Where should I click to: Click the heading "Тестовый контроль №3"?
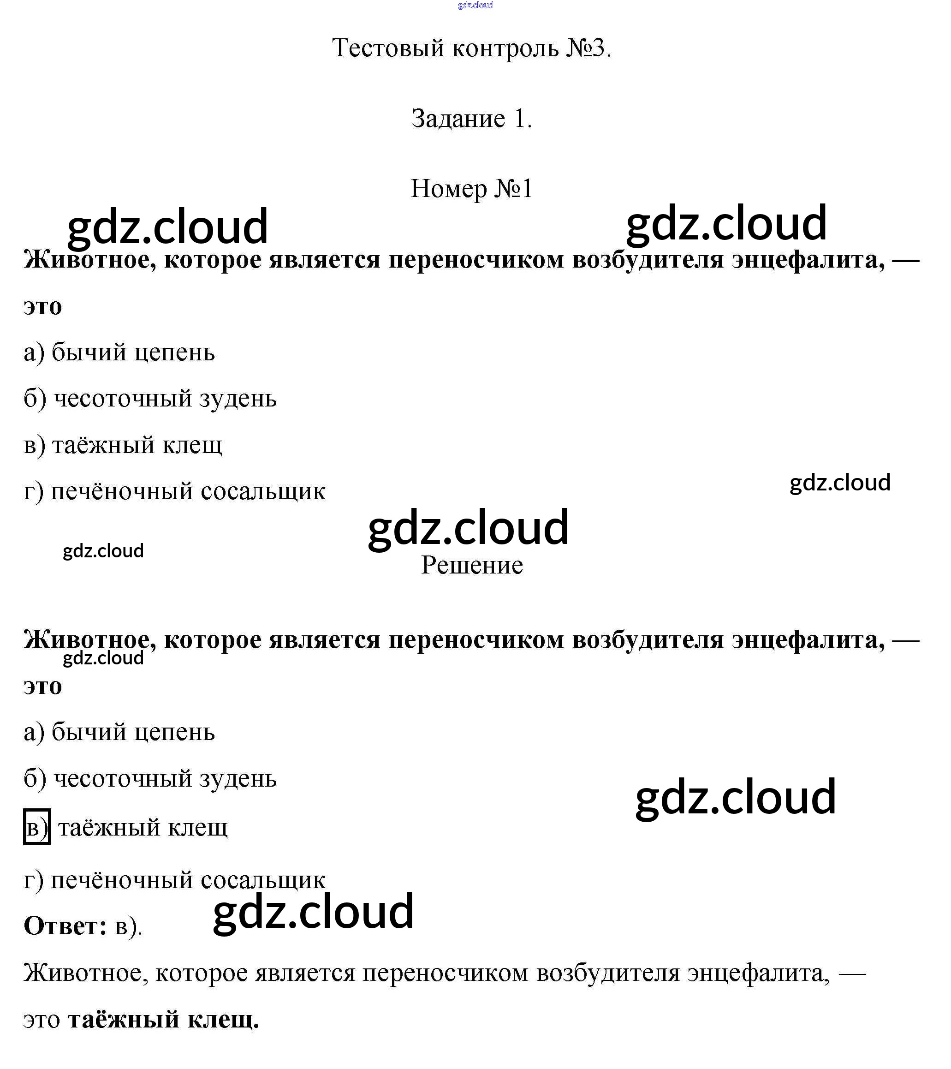click(x=471, y=48)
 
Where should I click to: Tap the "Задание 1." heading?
click(x=471, y=119)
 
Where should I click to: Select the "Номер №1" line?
click(x=471, y=189)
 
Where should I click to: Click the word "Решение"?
click(x=471, y=565)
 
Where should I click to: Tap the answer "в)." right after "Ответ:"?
click(x=128, y=927)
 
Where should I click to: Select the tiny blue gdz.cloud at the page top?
click(x=475, y=5)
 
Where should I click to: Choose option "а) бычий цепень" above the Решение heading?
click(x=119, y=352)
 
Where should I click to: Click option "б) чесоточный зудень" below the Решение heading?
click(x=150, y=779)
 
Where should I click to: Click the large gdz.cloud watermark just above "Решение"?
click(x=468, y=528)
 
